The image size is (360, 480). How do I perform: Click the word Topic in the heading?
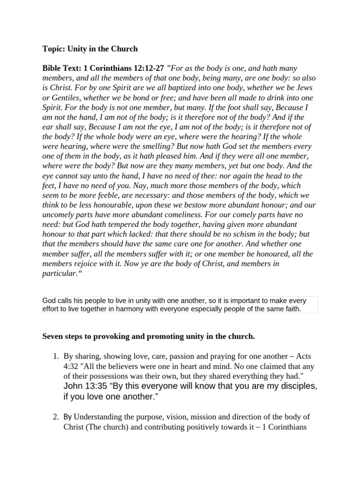tap(52, 49)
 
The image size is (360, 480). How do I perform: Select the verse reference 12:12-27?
tap(148, 68)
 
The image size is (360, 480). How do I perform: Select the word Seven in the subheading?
tap(53, 337)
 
